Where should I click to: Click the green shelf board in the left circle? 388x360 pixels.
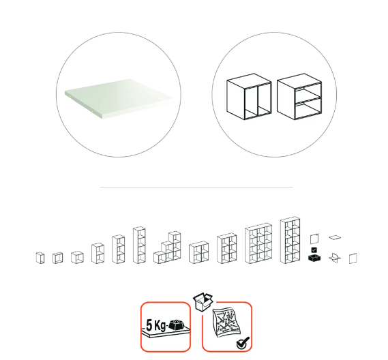click(x=119, y=97)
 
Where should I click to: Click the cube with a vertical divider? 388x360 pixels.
click(x=249, y=97)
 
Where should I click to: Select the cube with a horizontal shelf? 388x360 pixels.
click(x=299, y=97)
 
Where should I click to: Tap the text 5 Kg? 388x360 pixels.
click(x=156, y=325)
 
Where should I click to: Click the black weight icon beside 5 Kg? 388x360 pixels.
click(x=177, y=325)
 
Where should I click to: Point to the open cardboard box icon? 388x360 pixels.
click(x=203, y=301)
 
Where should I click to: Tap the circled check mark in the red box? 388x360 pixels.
click(x=243, y=343)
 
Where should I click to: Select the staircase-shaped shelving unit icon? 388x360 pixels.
click(x=167, y=247)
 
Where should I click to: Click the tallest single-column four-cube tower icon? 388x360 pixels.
click(x=139, y=245)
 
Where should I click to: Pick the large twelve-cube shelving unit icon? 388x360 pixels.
click(x=258, y=243)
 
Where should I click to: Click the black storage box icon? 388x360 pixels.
click(x=314, y=258)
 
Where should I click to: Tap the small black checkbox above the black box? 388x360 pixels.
click(x=314, y=250)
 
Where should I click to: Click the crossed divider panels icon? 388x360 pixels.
click(x=335, y=258)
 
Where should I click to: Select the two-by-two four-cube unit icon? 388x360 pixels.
click(x=198, y=252)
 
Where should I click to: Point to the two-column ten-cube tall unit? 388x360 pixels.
click(x=290, y=240)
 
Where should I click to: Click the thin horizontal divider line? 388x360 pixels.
click(x=196, y=187)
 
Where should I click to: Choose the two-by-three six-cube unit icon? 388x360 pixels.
click(x=227, y=248)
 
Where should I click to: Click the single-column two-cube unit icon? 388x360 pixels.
click(x=98, y=253)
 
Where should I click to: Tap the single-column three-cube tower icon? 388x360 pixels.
click(x=118, y=249)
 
